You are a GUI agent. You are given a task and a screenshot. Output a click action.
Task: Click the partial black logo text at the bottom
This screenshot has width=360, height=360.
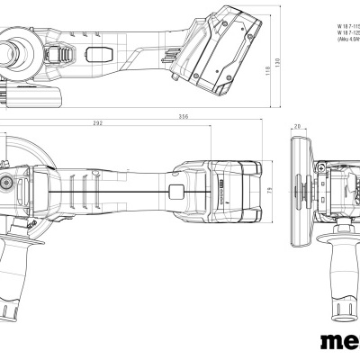tap(340, 342)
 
